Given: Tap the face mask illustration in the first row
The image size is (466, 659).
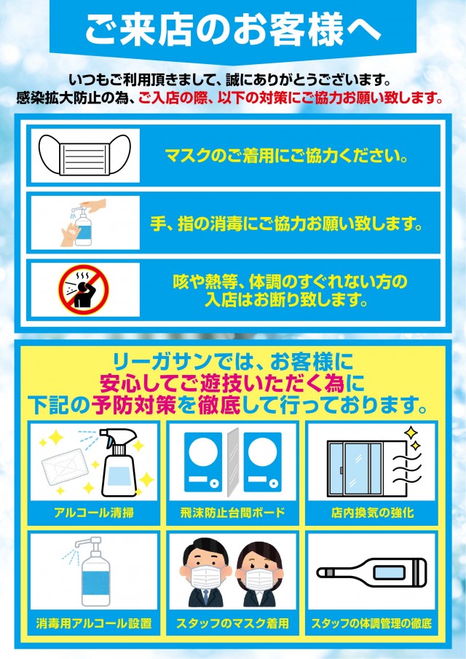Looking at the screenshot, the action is point(85,156).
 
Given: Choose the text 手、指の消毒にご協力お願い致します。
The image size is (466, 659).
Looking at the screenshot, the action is point(285,223).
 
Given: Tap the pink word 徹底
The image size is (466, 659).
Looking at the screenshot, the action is point(219,405).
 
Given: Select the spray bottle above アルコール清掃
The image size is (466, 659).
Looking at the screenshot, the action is point(121,462).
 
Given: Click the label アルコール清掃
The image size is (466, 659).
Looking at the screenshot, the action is point(94,513).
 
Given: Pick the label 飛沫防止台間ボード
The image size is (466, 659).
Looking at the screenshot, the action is point(232,513).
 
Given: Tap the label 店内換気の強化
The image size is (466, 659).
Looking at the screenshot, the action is point(372,513).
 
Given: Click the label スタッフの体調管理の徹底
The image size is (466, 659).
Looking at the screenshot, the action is point(371,623).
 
